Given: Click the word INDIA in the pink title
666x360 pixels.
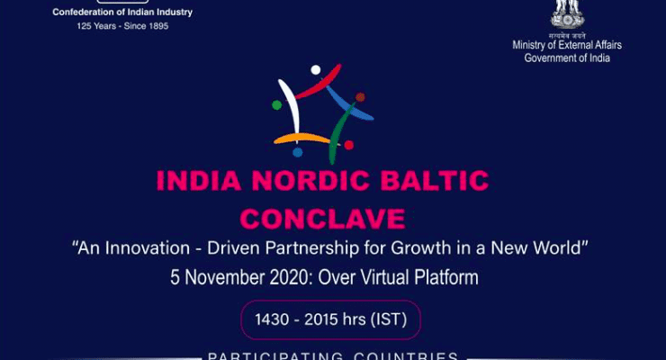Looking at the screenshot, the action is tap(199, 180).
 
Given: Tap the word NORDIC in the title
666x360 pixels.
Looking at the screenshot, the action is tap(310, 180).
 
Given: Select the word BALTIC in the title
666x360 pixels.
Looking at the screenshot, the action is tap(435, 180).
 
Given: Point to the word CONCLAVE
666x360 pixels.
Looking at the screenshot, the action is tap(322, 219).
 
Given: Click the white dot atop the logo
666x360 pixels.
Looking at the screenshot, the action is tap(316, 69).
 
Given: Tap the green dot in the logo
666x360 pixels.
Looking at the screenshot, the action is tap(276, 105).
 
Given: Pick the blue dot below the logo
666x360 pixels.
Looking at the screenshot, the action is tap(298, 152).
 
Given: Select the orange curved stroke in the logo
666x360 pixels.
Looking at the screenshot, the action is tap(302, 139).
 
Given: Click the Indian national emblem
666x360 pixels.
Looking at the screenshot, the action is tap(567, 14).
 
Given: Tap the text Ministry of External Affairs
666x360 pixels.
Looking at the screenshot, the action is tap(567, 45).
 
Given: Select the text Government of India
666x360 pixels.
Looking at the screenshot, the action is tap(567, 58).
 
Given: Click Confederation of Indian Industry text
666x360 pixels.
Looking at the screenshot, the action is tap(122, 13).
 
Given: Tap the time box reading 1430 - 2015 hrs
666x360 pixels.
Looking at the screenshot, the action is tap(331, 319).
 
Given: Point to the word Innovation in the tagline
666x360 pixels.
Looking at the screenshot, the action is tap(148, 247).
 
